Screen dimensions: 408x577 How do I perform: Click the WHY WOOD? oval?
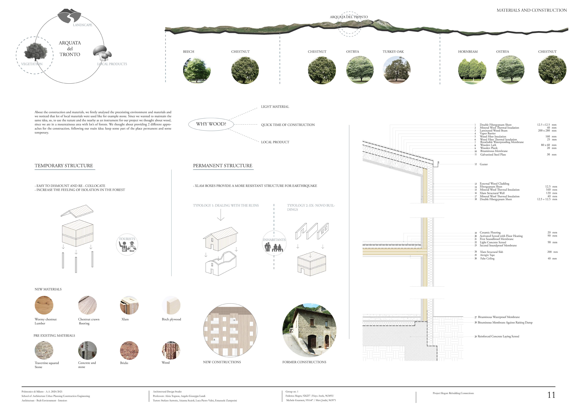[x=211, y=124]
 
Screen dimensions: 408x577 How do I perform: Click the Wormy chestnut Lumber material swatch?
[x=44, y=305]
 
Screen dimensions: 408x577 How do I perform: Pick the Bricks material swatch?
[x=129, y=350]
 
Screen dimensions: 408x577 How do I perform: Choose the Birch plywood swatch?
[x=171, y=305]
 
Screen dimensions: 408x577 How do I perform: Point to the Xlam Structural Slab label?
[x=491, y=252]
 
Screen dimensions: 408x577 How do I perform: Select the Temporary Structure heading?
[x=64, y=165]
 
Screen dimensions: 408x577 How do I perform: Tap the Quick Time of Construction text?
[x=288, y=125]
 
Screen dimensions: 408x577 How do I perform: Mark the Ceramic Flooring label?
[x=490, y=232]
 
